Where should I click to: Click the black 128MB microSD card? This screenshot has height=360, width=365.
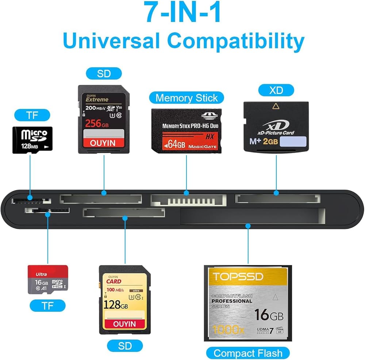pos(32,140)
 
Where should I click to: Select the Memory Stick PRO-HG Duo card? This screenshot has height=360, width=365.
pos(187,130)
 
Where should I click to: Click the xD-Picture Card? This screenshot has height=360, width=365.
pos(276,127)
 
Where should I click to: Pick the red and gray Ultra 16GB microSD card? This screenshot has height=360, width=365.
pos(48,280)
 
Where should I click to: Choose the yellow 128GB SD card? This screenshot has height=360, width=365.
pos(125,300)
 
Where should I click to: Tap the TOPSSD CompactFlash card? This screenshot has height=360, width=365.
pos(248,303)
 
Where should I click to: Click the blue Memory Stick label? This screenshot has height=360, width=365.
pos(187,98)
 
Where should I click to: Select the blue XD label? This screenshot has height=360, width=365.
pos(276,90)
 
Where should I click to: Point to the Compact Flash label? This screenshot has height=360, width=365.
pos(248,353)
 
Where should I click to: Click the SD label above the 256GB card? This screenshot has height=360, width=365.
pos(104,74)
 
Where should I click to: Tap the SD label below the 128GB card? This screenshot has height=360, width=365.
pos(125,345)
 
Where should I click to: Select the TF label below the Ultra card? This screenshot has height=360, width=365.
pos(48,306)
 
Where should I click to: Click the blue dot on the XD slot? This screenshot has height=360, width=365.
pos(276,193)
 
